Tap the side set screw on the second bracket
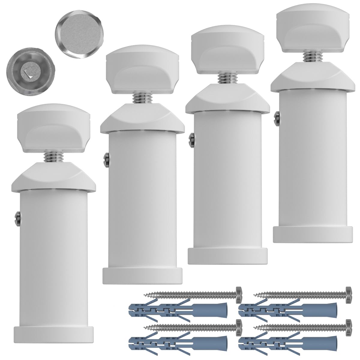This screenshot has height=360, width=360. (106, 158)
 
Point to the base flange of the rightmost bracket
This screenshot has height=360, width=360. (312, 234)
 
